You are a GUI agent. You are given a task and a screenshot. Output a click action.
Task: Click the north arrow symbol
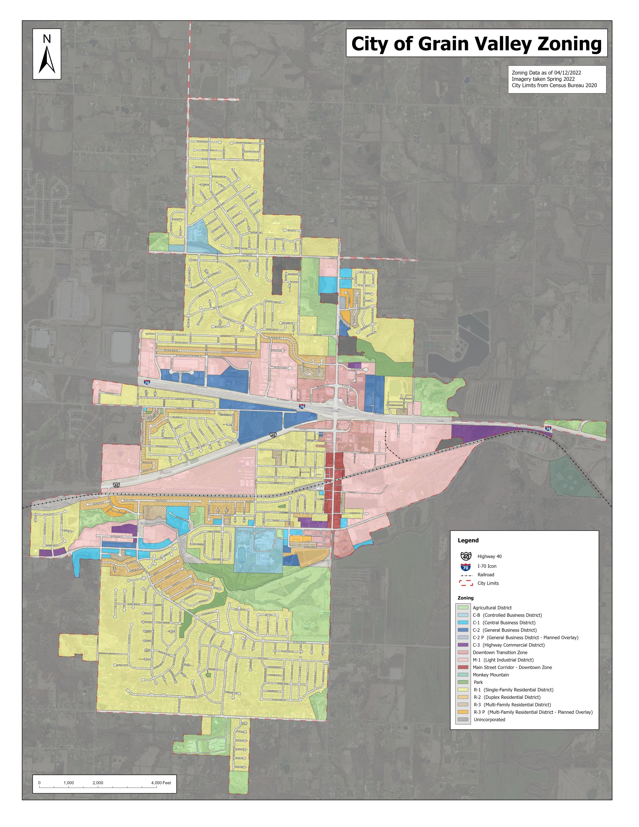[47, 60]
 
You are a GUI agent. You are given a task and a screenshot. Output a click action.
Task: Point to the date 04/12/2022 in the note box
[567, 73]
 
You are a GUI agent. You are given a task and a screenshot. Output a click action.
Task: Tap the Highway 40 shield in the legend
[466, 556]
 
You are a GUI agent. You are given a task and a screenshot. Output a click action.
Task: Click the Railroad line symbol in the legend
[466, 575]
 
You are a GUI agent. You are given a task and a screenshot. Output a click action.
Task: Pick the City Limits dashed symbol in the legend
[466, 583]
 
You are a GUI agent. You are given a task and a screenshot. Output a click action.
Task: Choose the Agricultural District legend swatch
[463, 608]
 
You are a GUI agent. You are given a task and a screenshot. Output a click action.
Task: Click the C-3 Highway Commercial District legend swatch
[463, 645]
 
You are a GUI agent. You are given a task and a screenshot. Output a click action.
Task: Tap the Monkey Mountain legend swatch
[463, 675]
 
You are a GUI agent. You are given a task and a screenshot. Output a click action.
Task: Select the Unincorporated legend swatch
[463, 719]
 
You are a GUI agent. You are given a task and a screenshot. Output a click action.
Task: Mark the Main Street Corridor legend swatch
[463, 667]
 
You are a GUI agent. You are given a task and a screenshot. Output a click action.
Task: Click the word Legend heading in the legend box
[468, 540]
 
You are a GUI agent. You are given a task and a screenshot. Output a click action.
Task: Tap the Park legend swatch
[463, 683]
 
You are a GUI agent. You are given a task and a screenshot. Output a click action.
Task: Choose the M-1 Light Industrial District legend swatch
[463, 660]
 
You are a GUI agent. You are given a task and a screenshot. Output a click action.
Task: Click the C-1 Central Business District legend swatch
[463, 623]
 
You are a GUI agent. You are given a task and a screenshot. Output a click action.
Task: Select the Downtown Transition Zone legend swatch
[463, 653]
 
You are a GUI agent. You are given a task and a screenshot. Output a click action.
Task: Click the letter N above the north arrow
[47, 39]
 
